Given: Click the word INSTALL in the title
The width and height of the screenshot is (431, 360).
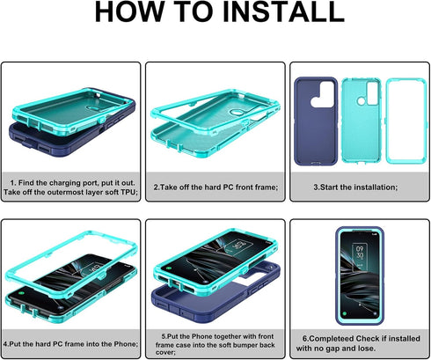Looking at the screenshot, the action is [x=283, y=11].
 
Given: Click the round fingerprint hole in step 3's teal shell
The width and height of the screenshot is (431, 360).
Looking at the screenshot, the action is [x=362, y=101].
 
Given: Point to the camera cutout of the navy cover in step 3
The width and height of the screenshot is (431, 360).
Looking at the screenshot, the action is [x=324, y=95].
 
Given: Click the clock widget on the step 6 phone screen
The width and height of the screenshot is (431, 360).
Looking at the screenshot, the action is [x=360, y=253].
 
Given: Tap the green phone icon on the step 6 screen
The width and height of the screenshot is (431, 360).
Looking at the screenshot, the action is [x=345, y=314].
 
